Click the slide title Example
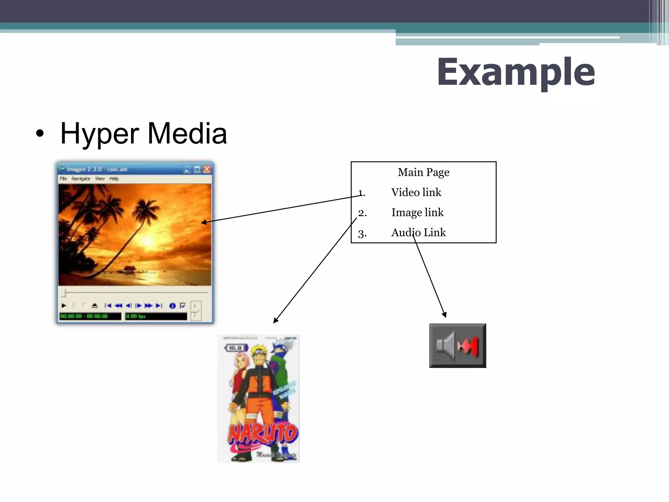[516, 72]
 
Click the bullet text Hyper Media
[143, 133]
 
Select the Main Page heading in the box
[423, 172]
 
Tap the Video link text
[416, 192]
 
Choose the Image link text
[417, 212]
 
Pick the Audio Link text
[418, 232]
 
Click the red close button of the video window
[207, 169]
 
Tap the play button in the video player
[64, 306]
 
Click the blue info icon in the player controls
[172, 306]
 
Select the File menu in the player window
[63, 179]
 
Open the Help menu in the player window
[114, 179]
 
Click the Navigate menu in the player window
[81, 179]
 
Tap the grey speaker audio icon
[457, 345]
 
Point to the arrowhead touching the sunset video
[204, 222]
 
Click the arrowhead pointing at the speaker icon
[444, 315]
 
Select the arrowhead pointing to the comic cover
[276, 321]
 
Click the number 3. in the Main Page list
[362, 233]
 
